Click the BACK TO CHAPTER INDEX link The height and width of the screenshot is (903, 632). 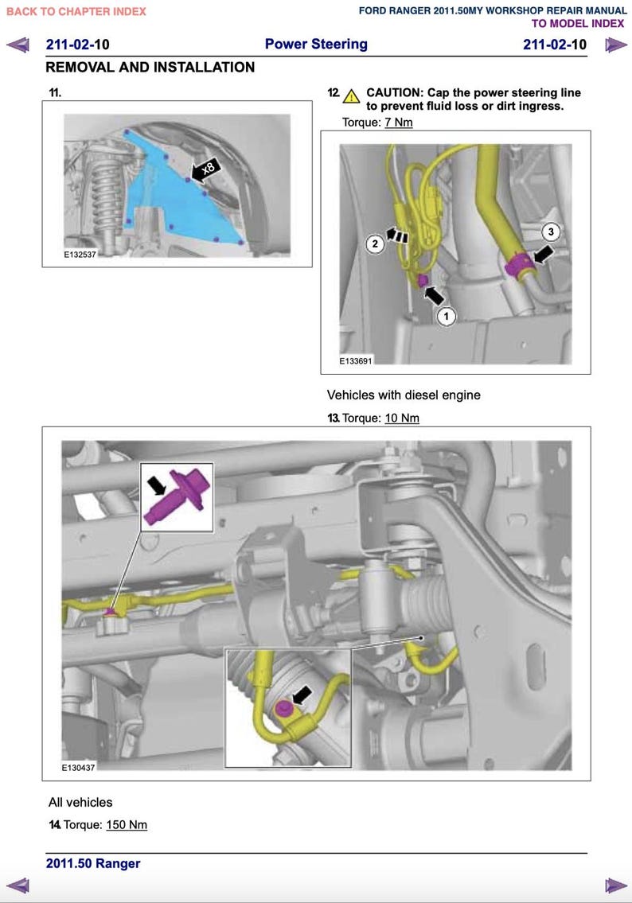(76, 12)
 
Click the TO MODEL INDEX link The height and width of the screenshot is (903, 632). (578, 24)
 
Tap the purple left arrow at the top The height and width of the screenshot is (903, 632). (18, 45)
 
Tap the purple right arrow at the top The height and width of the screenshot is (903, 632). (614, 45)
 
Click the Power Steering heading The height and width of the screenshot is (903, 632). (316, 45)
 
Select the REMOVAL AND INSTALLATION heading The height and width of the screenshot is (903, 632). (150, 68)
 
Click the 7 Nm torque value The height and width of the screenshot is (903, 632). (398, 123)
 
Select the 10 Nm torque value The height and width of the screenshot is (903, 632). (401, 418)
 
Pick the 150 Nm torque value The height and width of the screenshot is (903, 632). (127, 825)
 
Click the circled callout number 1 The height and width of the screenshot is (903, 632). (447, 317)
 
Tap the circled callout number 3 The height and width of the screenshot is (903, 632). (552, 232)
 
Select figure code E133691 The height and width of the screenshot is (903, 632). (355, 360)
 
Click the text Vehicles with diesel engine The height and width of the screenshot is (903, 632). (404, 395)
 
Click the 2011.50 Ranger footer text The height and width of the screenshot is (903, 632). (93, 864)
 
